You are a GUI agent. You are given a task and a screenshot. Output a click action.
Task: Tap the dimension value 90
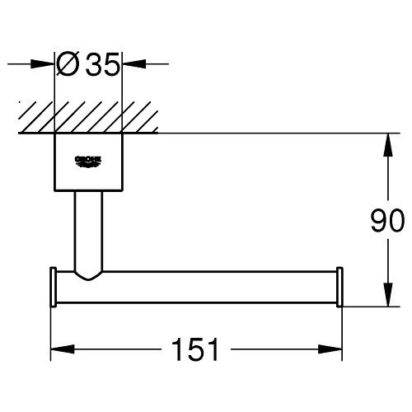[386, 221]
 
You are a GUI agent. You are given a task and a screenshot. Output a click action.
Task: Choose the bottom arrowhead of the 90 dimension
[386, 297]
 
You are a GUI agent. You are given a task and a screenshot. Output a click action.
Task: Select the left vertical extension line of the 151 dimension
[53, 330]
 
